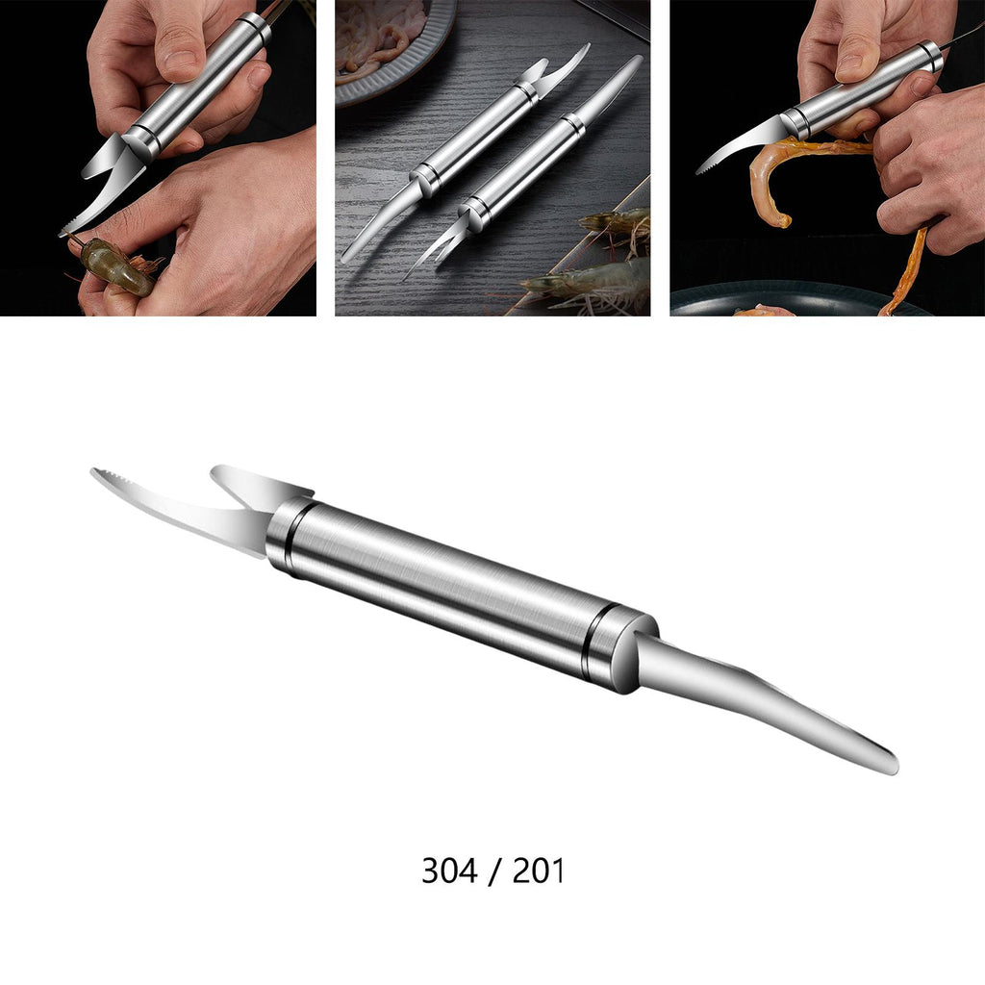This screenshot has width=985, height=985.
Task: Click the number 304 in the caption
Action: coord(449,871)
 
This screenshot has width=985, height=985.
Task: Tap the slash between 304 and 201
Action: coord(494,871)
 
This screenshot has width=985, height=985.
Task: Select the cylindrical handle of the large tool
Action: coord(462,594)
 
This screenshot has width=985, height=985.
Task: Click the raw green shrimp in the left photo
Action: coord(116,268)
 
